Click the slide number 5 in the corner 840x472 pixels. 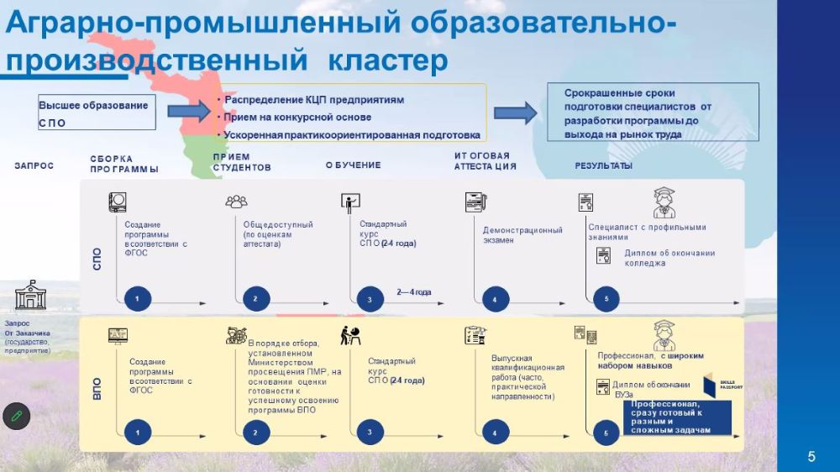point(811,457)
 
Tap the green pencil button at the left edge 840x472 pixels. point(16,415)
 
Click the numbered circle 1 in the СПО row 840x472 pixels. point(137,298)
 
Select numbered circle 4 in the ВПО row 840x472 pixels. point(495,433)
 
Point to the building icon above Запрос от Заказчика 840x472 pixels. point(31,296)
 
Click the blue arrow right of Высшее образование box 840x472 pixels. point(187,111)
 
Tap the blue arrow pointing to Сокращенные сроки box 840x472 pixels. point(514,113)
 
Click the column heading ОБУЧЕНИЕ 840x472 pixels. point(353,165)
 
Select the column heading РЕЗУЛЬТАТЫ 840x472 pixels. point(603,166)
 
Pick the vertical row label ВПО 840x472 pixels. point(96,389)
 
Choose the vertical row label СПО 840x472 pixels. point(96,258)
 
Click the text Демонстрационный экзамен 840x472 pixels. point(522,235)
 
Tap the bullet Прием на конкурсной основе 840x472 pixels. point(297,118)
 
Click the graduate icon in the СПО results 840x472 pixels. point(664,202)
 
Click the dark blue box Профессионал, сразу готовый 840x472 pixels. point(676,417)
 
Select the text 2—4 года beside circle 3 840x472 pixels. point(414,292)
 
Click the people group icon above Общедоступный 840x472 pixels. point(236,202)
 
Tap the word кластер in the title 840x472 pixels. point(388,60)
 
